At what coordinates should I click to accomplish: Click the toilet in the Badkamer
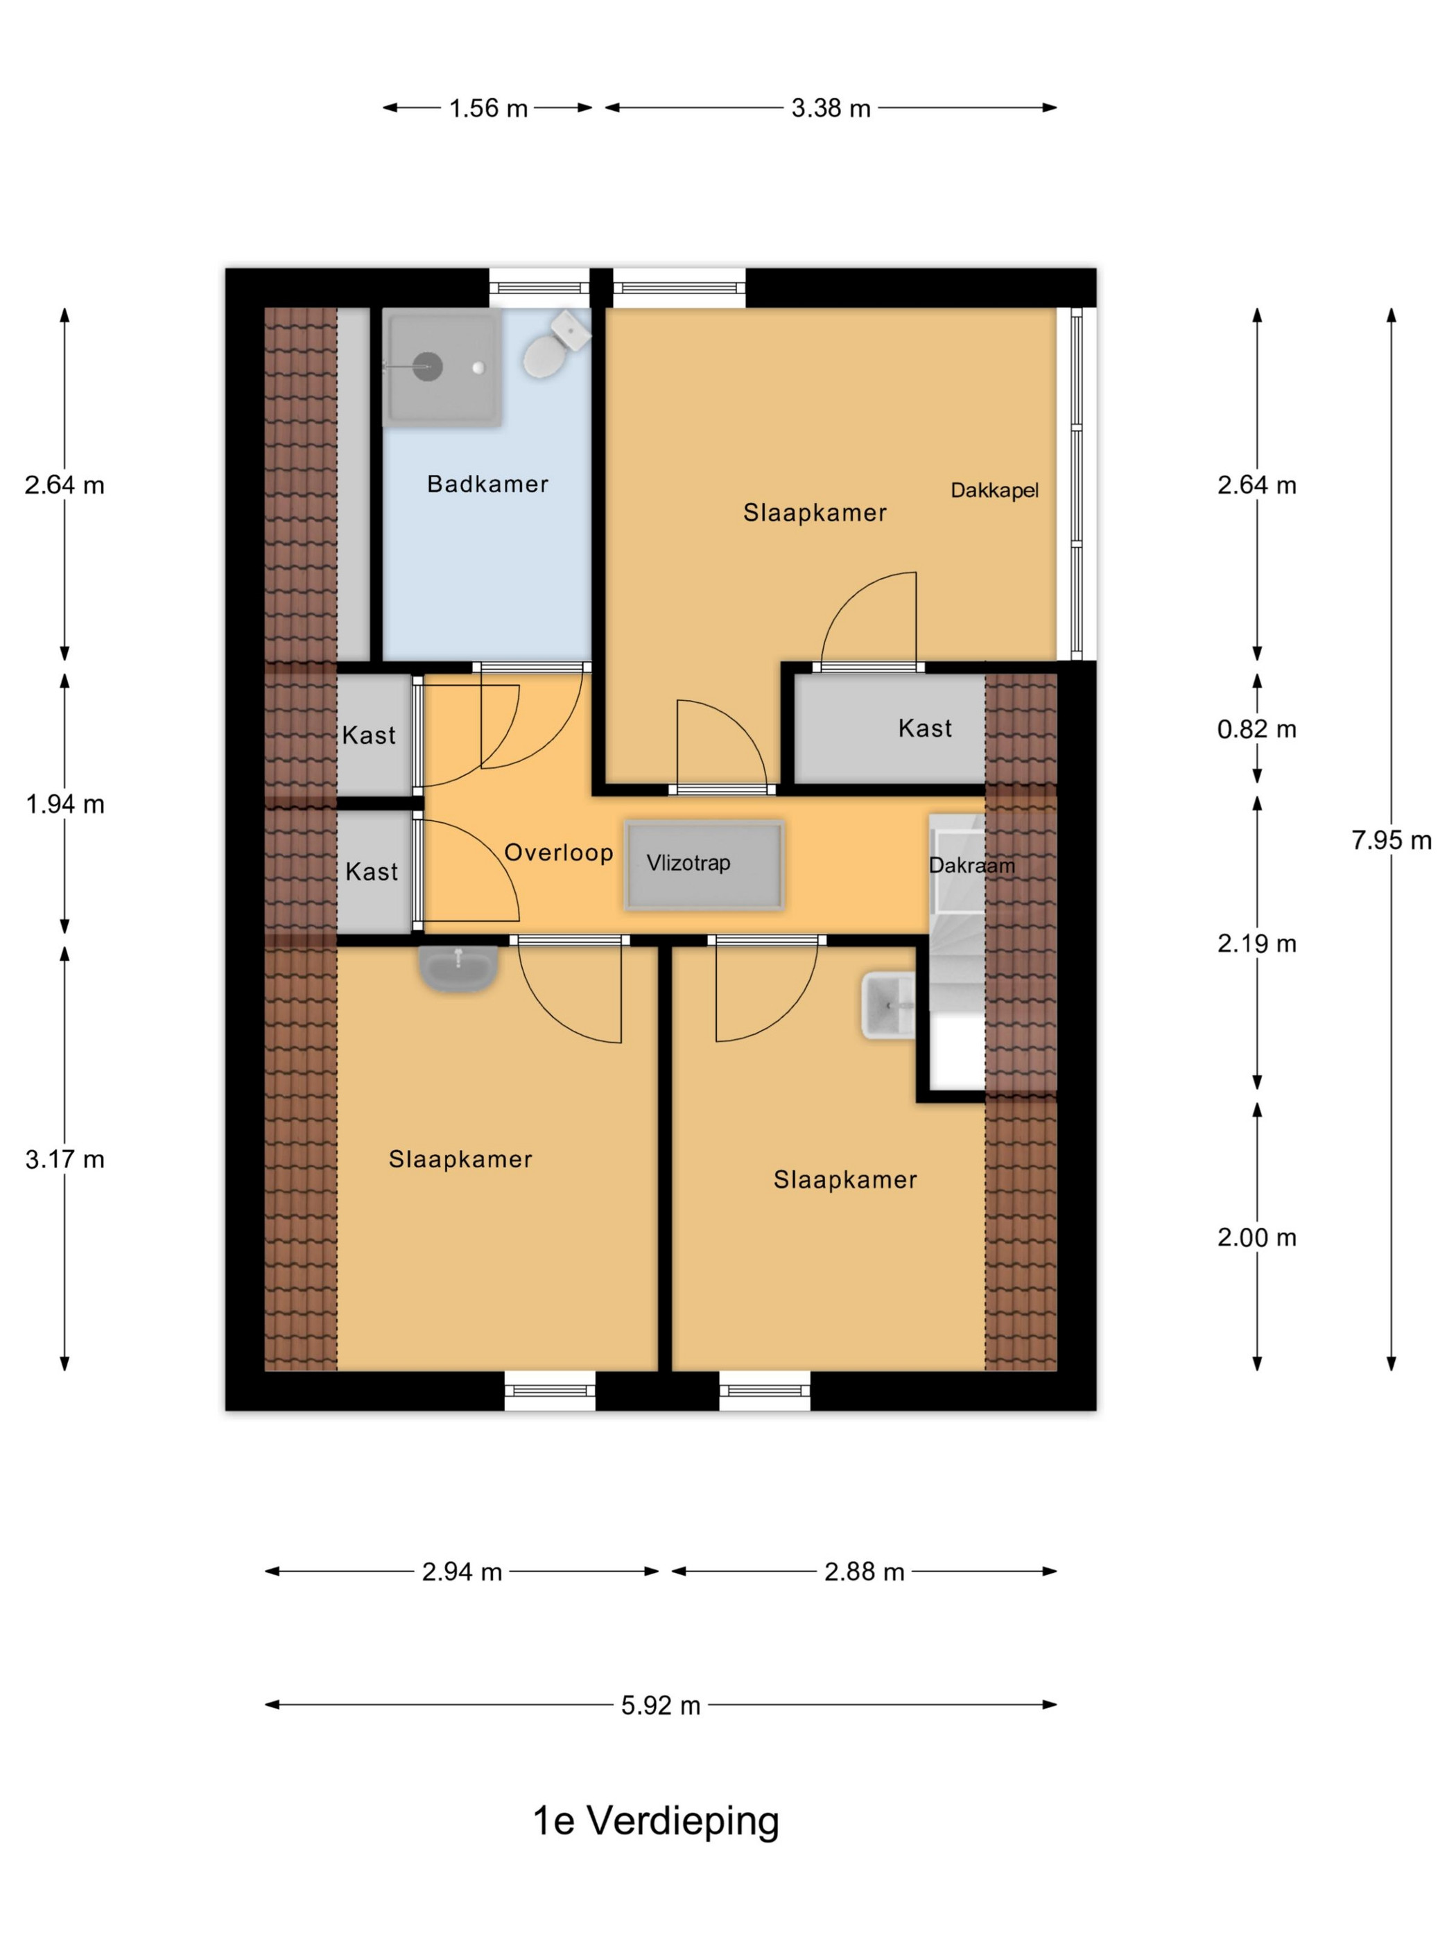point(555,344)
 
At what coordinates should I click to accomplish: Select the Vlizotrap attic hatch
point(704,864)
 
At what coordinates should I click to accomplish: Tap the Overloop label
point(558,852)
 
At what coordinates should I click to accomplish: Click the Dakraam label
point(971,865)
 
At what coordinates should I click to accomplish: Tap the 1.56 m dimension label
point(488,108)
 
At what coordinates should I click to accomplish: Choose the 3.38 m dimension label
point(830,108)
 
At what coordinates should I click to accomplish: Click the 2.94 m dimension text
point(462,1572)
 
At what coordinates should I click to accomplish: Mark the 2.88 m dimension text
point(864,1572)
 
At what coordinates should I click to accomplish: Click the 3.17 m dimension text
point(65,1159)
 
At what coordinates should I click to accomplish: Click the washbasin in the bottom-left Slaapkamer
point(458,968)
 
